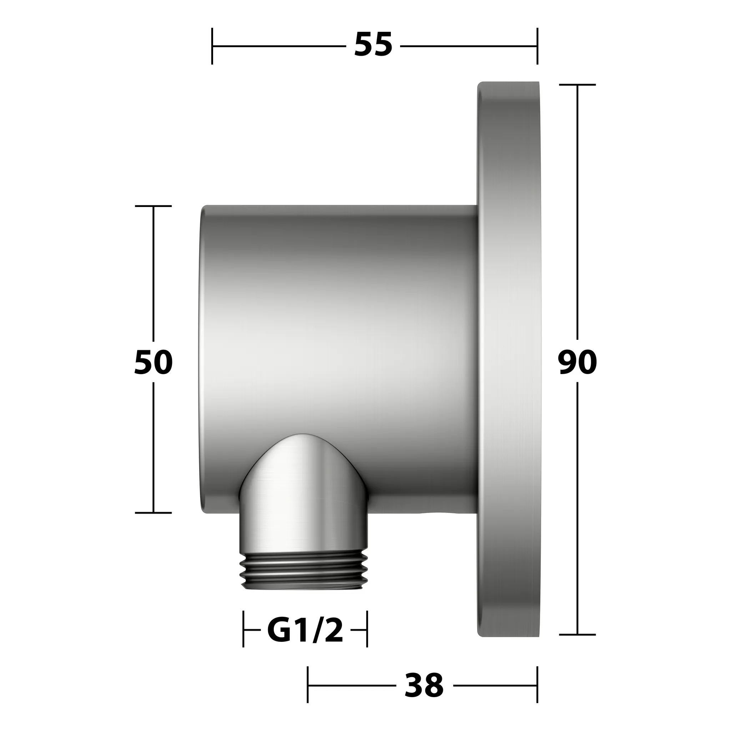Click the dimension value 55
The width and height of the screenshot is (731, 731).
[x=373, y=45]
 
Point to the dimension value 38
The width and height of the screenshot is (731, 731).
[x=424, y=685]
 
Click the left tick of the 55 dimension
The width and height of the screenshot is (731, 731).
[x=212, y=46]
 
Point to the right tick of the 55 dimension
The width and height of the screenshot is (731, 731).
[x=537, y=46]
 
